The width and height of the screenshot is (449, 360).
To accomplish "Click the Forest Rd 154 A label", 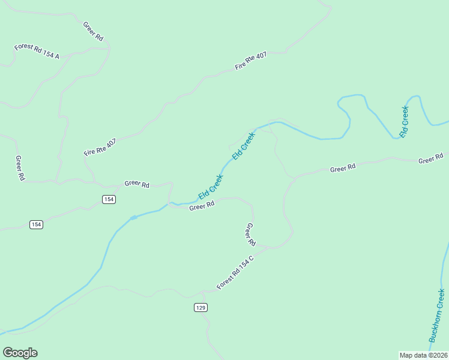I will point(37,52).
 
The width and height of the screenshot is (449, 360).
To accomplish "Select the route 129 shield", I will point(201,307).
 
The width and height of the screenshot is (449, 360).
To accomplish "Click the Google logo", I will point(20,353).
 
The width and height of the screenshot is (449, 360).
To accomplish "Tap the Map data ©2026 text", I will point(423,355).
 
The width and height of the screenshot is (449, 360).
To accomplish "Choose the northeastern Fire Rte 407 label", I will point(251,61).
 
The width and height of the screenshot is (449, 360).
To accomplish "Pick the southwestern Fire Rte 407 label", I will point(100,146).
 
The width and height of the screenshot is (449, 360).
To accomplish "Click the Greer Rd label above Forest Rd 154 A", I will point(93,31).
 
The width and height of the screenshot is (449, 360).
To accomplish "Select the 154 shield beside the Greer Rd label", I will point(108,199).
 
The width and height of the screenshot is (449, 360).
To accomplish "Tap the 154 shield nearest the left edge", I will point(37,224).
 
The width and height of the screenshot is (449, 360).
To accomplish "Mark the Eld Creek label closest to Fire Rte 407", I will point(244,146).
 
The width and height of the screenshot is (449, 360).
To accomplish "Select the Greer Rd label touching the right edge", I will point(430,160).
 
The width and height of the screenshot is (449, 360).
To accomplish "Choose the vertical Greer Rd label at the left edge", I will point(20,169).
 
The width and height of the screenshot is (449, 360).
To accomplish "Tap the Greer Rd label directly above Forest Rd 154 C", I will point(250,234).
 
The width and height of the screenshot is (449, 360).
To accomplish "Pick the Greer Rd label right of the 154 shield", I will point(137,184).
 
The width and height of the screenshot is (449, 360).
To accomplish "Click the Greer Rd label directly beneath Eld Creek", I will point(202,206).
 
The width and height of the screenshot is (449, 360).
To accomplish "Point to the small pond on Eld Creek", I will point(133,217).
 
